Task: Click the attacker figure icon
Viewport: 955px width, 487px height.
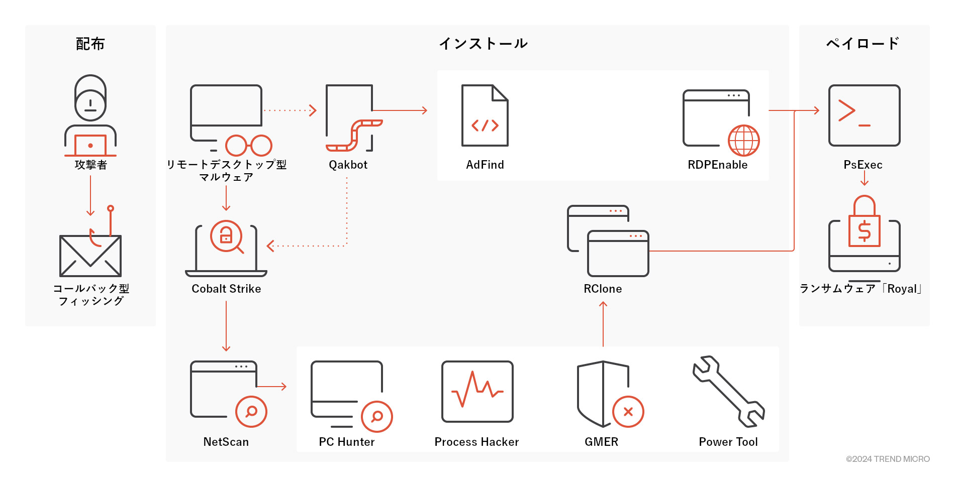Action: point(90,115)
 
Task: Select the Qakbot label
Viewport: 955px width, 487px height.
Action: point(348,165)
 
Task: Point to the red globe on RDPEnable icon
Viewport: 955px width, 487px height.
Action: point(744,141)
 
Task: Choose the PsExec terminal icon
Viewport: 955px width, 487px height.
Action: point(864,115)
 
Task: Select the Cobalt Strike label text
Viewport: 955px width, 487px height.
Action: point(226,289)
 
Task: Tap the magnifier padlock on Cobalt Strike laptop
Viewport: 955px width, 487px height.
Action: point(227,236)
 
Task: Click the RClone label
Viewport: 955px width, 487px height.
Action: point(603,289)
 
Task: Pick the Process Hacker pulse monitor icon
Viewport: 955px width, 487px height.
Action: point(477,392)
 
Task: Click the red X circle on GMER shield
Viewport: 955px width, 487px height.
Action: point(628,412)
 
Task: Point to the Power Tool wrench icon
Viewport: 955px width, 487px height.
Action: point(729,392)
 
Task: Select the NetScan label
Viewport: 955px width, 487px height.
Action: point(226,442)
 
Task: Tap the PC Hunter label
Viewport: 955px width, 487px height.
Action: point(347,442)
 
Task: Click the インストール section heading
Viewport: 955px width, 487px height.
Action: point(483,44)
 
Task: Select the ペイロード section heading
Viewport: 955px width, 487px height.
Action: point(863,44)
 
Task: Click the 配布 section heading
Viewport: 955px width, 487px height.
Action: point(90,44)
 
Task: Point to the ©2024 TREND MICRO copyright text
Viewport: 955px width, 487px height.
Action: point(888,459)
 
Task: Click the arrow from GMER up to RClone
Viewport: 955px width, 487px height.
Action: point(603,324)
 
